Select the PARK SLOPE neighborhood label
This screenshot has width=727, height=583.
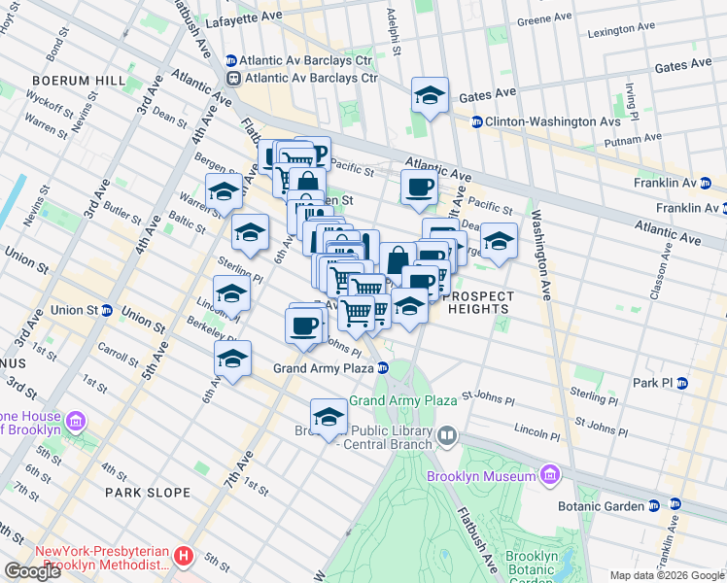148,493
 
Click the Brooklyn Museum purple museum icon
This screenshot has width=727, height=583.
549,476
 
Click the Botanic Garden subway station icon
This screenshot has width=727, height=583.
655,505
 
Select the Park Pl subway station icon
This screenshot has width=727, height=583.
682,383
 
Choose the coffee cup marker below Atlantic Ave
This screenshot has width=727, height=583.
419,188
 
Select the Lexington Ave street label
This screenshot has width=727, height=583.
627,30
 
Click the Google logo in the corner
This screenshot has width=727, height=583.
32,571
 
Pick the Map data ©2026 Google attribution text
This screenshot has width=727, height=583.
666,575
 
